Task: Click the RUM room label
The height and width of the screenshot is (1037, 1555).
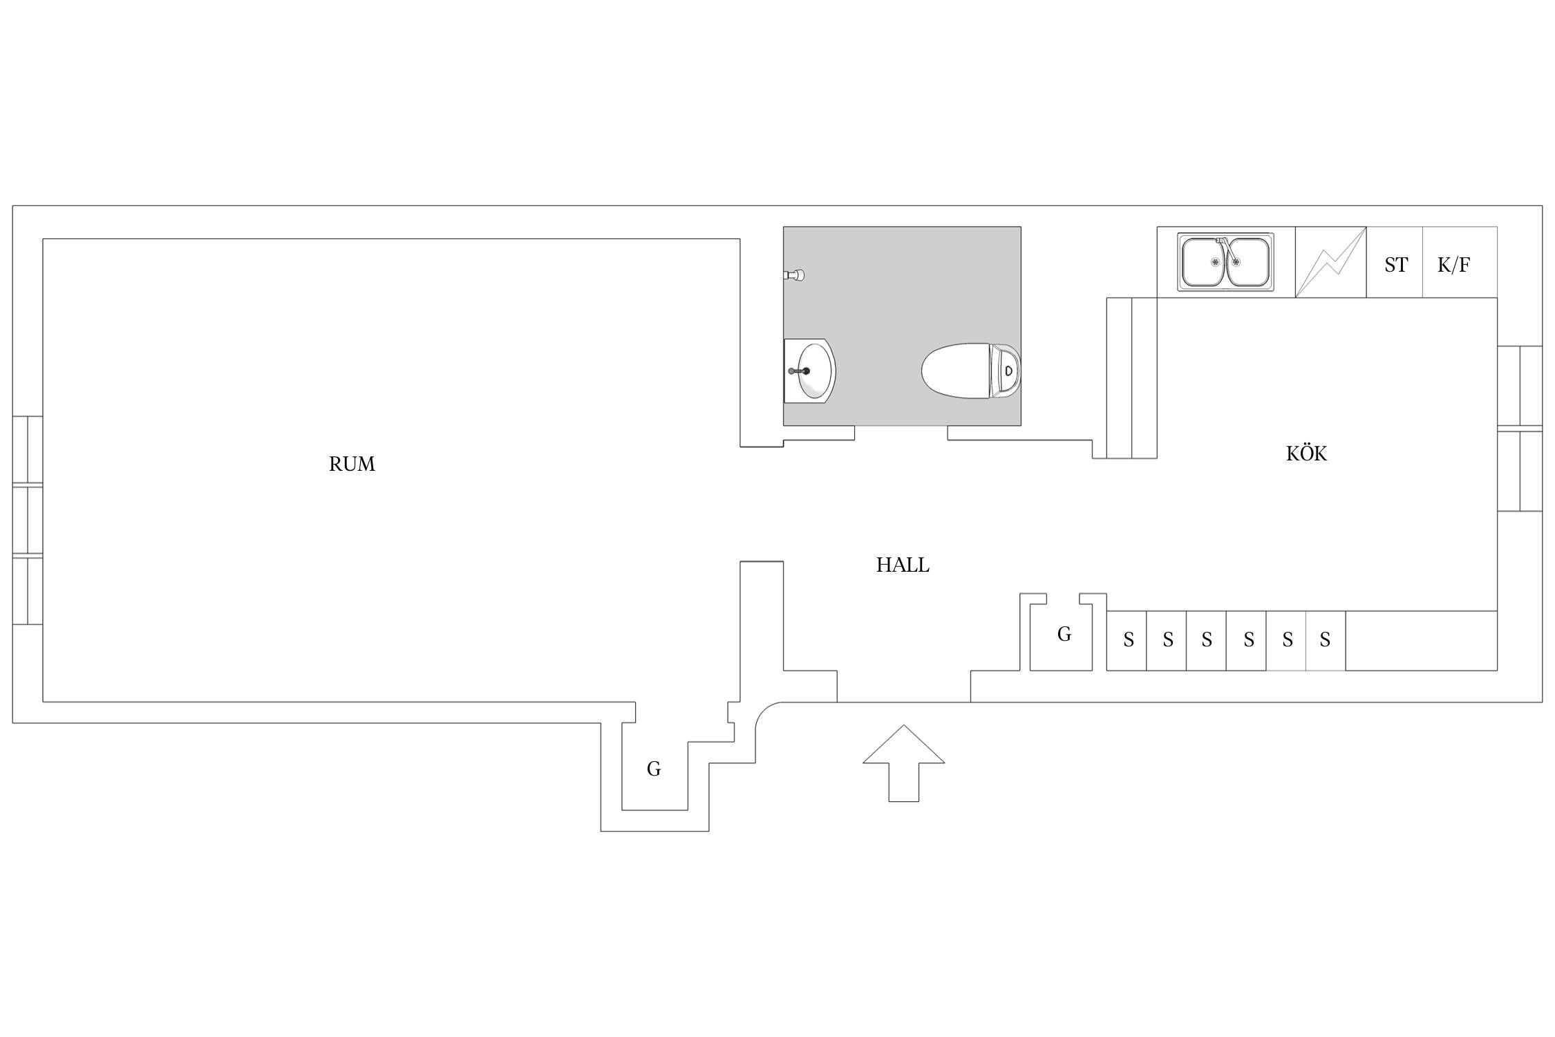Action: click(x=352, y=464)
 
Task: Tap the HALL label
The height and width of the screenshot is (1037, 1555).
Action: click(x=903, y=566)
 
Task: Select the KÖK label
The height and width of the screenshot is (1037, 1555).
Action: click(x=1306, y=454)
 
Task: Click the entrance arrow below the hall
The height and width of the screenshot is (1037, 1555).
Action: click(x=903, y=763)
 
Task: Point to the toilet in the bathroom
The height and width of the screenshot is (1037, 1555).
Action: click(x=971, y=371)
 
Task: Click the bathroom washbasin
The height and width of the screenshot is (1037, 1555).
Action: click(x=809, y=371)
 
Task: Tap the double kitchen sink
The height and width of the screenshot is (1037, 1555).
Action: click(x=1225, y=262)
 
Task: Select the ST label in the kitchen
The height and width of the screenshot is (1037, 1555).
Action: click(x=1395, y=265)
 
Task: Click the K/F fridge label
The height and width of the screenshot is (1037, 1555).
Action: click(x=1453, y=265)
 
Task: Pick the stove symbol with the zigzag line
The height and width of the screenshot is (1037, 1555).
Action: click(x=1330, y=262)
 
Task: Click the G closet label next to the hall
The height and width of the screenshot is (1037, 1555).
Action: click(x=1064, y=634)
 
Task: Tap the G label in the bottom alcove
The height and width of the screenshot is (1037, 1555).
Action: click(x=653, y=769)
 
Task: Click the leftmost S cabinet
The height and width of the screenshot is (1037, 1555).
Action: click(x=1127, y=641)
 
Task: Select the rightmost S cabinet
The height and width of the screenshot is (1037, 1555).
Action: click(x=1326, y=641)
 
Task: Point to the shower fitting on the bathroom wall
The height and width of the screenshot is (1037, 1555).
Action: click(x=794, y=275)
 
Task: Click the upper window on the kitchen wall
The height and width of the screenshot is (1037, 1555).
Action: click(x=1520, y=386)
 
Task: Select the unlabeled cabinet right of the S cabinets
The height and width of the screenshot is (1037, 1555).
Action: click(x=1422, y=641)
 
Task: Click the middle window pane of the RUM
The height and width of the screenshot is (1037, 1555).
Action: click(x=28, y=521)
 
